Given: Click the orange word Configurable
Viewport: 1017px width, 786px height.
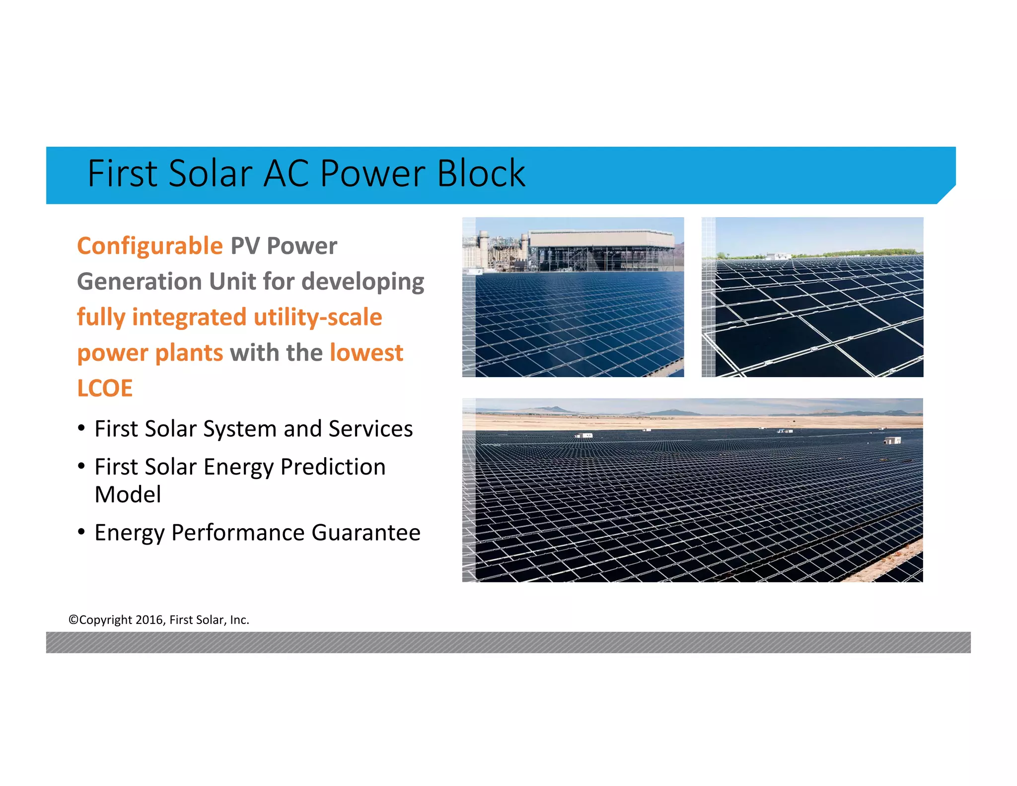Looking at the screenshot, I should tap(149, 246).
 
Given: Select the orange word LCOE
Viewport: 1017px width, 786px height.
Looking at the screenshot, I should tap(105, 389).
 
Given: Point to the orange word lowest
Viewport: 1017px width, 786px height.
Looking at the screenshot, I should tap(366, 353).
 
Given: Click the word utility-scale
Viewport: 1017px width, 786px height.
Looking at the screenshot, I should tap(318, 317).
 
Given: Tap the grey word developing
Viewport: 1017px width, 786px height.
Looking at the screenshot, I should tap(363, 282).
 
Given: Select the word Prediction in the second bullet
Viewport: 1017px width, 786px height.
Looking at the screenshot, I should tap(333, 467).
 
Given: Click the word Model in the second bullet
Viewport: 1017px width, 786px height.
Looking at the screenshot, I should tap(128, 495).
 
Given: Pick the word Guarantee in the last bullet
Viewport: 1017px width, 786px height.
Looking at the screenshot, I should tap(366, 533).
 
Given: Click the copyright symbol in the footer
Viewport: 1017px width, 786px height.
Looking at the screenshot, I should tap(73, 620).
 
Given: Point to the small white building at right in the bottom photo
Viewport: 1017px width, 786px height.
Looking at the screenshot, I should tap(892, 440).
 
